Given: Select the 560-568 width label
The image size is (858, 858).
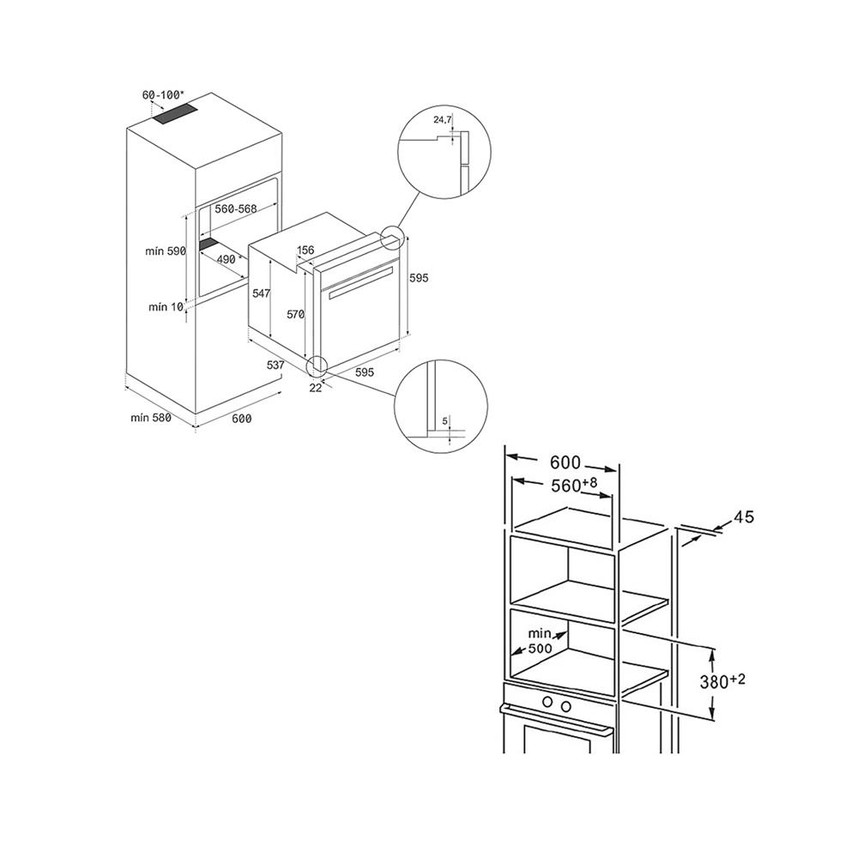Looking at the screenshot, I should coord(236,209).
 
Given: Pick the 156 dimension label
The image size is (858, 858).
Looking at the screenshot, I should coord(305,251).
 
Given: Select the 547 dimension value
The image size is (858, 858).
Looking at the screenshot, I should coord(262,293).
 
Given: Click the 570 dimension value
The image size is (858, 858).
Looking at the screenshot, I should coord(296,314).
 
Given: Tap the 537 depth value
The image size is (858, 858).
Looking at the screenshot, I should coord(275,366).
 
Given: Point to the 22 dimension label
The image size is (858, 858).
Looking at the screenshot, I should coord(315,387).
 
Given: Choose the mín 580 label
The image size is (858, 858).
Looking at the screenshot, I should coord(151,418).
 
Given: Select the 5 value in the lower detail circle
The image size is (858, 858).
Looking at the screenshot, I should coord(445,420).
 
